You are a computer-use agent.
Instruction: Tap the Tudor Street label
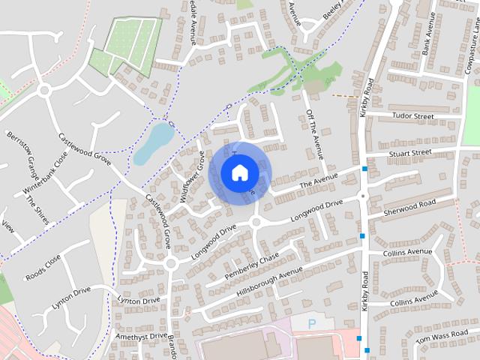[x=412, y=117]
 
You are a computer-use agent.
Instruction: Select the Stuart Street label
[x=410, y=153]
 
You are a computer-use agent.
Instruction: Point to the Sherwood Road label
[x=409, y=204]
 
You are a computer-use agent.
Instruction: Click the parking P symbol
[x=313, y=324]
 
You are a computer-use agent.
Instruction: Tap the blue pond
[x=154, y=142]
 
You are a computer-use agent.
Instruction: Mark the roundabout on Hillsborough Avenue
[x=171, y=263]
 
